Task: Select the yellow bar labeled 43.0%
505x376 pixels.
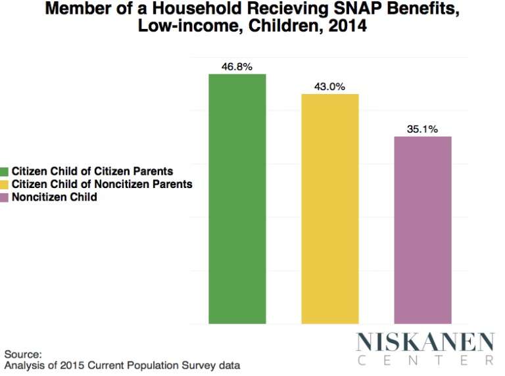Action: [x=330, y=209]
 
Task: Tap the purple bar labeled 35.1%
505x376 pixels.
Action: [x=423, y=230]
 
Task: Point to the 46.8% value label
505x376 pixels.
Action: [x=237, y=66]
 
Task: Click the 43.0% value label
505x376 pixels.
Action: [x=330, y=87]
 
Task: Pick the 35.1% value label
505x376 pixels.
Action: [x=423, y=129]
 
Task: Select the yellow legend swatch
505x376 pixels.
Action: [x=5, y=185]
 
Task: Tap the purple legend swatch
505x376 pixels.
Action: [x=5, y=197]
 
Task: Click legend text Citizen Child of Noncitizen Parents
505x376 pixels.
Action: [x=102, y=185]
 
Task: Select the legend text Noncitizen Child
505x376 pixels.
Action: [x=54, y=197]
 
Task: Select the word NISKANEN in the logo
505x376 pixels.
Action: [x=425, y=342]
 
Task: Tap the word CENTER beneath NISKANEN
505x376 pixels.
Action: [x=425, y=360]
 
